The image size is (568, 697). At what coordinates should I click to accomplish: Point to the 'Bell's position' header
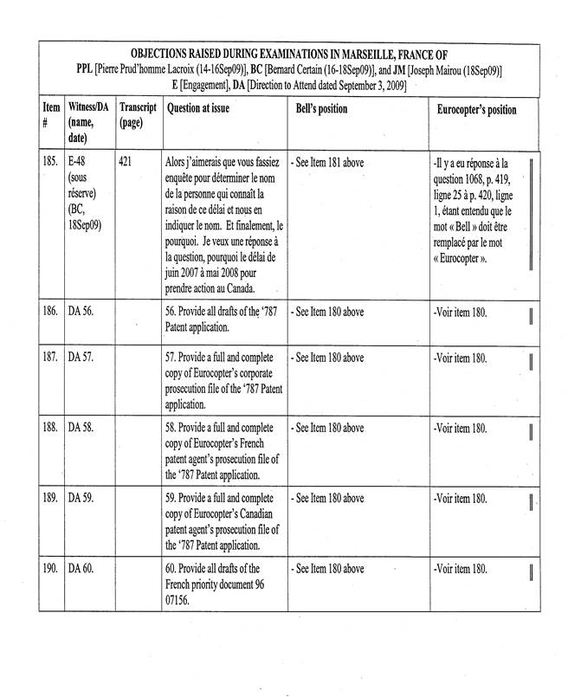click(x=319, y=109)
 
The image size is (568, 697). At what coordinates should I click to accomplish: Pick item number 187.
click(x=50, y=358)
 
